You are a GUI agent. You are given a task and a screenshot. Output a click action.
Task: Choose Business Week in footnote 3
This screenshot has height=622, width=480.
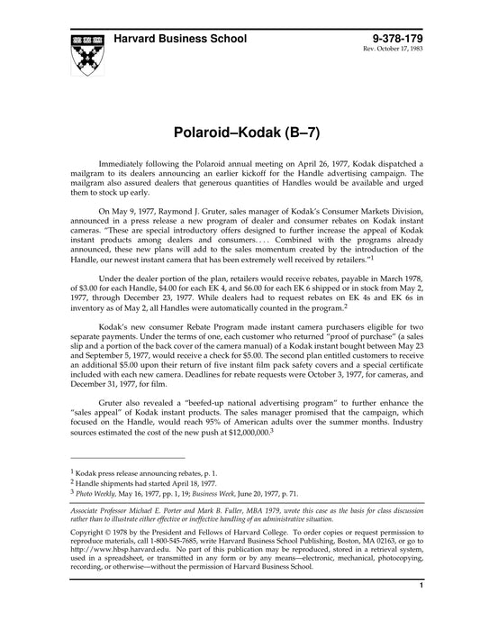(x=244, y=494)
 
